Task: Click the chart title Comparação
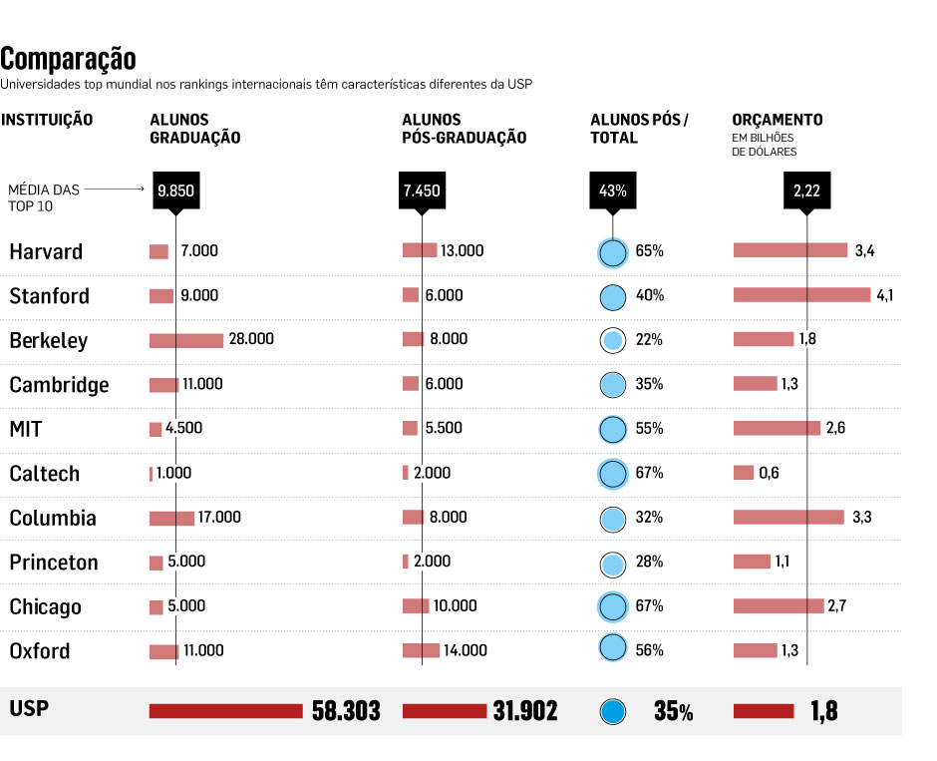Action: point(69,59)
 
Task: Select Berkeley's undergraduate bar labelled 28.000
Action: point(186,340)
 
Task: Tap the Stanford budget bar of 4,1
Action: point(801,295)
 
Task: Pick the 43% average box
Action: point(612,190)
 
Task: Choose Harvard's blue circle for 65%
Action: point(612,252)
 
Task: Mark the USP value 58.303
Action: point(346,711)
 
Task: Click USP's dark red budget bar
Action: point(764,711)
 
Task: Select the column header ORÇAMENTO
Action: point(778,120)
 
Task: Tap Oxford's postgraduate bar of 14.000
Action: point(421,650)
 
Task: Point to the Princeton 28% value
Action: point(649,563)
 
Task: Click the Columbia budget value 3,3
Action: point(862,518)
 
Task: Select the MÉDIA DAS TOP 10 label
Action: point(44,197)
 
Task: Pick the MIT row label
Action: point(26,430)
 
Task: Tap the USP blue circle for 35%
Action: point(613,712)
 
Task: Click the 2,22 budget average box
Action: point(806,190)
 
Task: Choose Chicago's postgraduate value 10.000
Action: point(457,606)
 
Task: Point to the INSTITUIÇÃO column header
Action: point(47,120)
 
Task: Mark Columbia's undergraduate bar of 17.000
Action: point(171,518)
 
